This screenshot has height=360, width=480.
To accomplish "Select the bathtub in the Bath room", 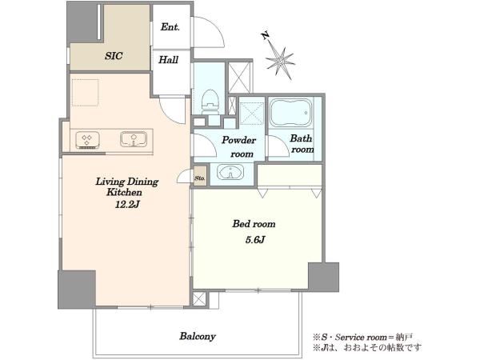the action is tap(291, 112).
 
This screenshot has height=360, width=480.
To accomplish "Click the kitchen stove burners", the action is tap(87, 140).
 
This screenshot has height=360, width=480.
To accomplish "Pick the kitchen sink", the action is tap(134, 139).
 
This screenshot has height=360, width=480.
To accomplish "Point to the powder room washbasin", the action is tap(230, 172).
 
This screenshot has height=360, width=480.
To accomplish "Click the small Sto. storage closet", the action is tap(200, 176).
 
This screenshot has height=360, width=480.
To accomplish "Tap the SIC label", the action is tap(114, 56).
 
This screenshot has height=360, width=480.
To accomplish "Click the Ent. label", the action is tap(170, 27).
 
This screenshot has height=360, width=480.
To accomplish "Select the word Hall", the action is tap(168, 59).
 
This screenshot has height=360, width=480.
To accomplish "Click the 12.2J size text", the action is tap(127, 204).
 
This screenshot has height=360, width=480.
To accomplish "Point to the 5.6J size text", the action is tap(254, 239).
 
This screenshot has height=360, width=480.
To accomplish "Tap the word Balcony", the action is tap(198, 336).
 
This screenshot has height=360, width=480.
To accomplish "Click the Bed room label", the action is tap(254, 224).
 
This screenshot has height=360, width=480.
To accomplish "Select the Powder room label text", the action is tap(239, 147).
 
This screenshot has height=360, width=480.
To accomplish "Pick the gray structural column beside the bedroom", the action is tap(323, 277).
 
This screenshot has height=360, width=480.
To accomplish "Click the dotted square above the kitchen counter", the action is tap(86, 93).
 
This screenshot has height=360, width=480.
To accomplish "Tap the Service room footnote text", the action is tap(363, 338).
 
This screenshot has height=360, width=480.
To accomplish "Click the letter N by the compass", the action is tap(265, 36).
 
